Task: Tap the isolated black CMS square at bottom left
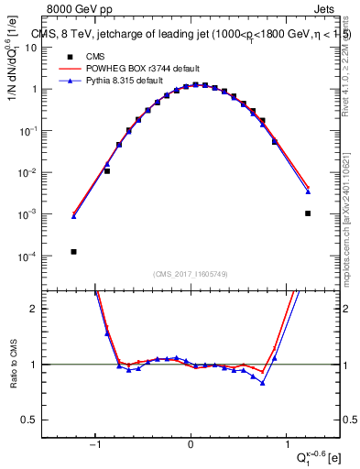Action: point(73,251)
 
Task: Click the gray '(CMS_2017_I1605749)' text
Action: point(191,274)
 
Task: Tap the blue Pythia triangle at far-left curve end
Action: point(74,216)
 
